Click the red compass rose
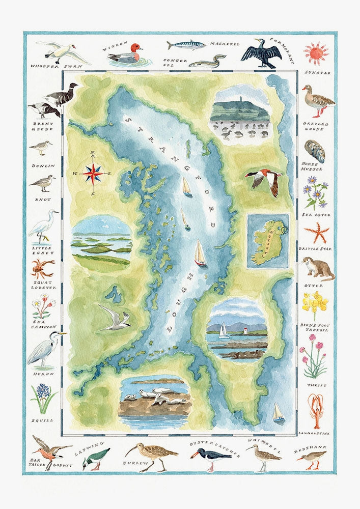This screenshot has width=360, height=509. (x=93, y=174)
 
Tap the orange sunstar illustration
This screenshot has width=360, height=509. (x=316, y=53)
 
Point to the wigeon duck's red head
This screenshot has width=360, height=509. (x=135, y=48)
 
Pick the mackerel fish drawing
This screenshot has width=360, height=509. (x=186, y=45)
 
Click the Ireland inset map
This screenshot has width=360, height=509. (x=267, y=241)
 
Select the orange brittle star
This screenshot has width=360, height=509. (x=316, y=233)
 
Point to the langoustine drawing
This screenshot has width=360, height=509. (x=316, y=410)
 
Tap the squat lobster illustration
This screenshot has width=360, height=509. (x=43, y=268)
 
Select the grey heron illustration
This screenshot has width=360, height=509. (x=45, y=349)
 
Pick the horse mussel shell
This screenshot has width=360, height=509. (x=315, y=150)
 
